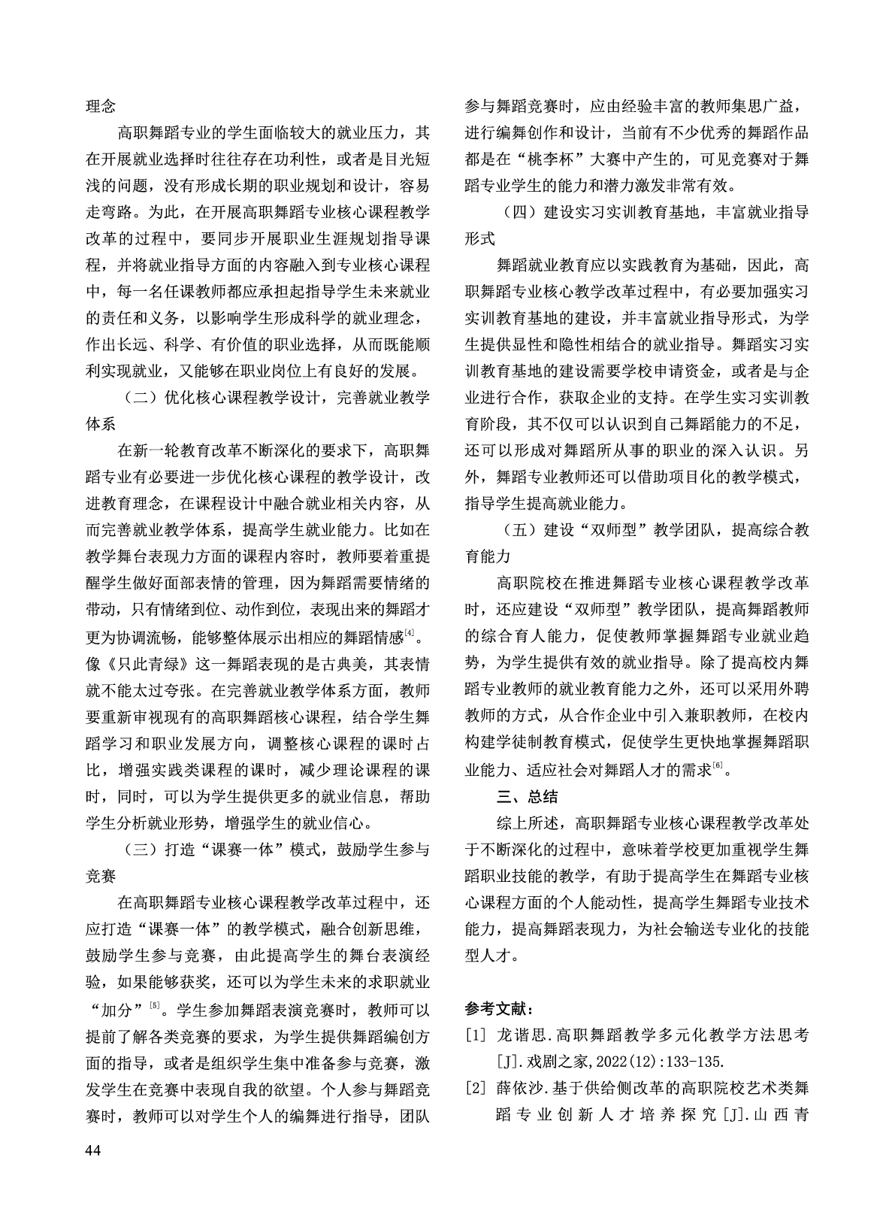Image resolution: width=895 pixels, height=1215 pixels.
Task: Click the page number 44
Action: click(x=94, y=1150)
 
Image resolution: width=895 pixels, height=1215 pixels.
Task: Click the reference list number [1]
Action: click(x=476, y=1036)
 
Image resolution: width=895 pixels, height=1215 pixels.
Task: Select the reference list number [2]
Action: click(x=476, y=1087)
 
